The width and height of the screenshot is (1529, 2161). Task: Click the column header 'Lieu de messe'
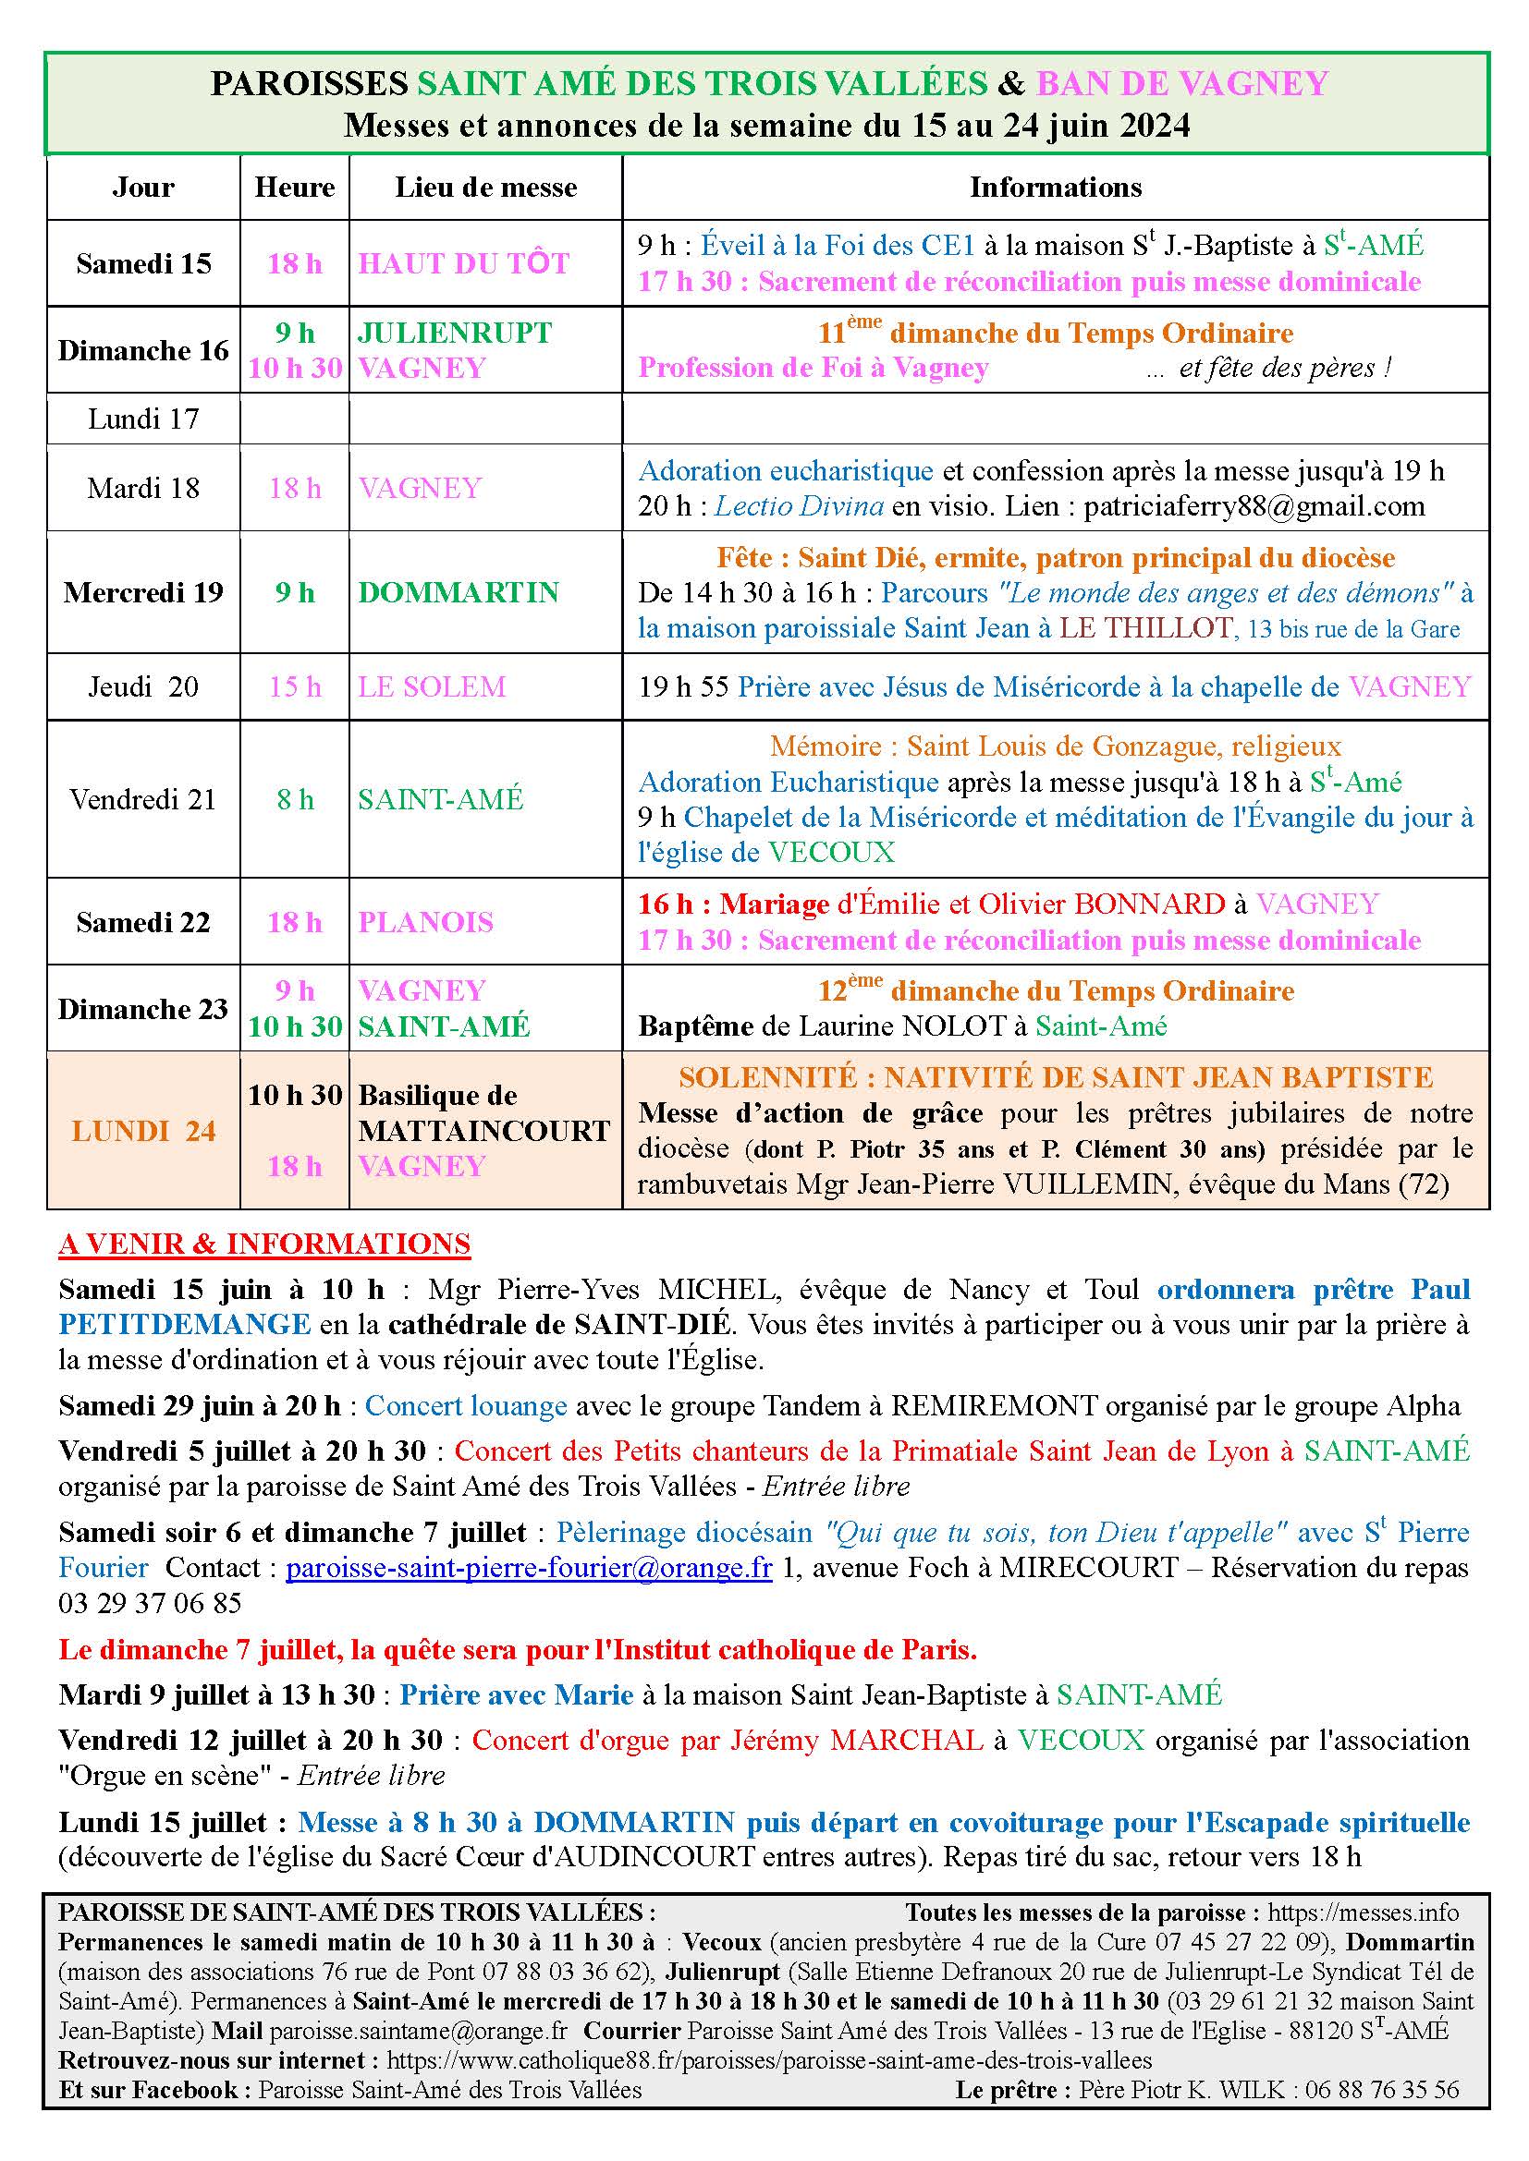click(x=485, y=188)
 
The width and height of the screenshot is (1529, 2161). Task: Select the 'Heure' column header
click(x=295, y=188)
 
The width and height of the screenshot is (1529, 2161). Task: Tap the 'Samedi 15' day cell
click(x=143, y=263)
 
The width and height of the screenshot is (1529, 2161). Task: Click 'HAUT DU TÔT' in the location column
click(x=463, y=263)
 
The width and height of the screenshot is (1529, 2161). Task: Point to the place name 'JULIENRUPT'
click(x=454, y=333)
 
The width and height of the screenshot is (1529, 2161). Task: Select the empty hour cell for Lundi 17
click(x=295, y=419)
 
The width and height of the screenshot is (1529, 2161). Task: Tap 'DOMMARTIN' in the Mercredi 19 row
click(x=459, y=592)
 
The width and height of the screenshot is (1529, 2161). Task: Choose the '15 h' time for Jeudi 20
click(x=295, y=687)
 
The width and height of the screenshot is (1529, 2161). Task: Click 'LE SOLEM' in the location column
click(x=431, y=687)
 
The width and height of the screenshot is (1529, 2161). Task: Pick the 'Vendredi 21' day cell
click(x=143, y=800)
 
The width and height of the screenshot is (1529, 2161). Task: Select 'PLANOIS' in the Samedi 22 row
click(x=425, y=922)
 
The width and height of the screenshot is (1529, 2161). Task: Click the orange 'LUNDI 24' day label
click(x=143, y=1130)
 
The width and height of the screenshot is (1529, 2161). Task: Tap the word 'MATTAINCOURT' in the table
click(x=483, y=1130)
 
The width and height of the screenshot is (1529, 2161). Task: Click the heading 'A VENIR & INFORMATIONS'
click(x=264, y=1244)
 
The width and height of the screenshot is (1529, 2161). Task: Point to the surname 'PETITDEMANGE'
click(x=185, y=1324)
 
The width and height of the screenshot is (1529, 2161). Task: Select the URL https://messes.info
click(x=1363, y=1912)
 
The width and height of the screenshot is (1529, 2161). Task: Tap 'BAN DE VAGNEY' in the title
click(x=1181, y=84)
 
